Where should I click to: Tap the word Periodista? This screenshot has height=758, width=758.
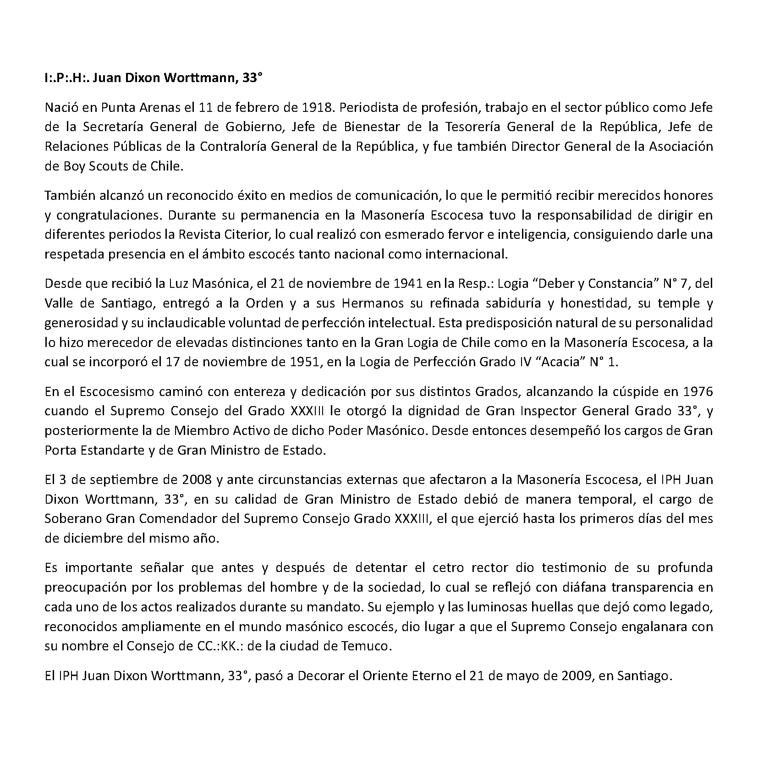(x=373, y=108)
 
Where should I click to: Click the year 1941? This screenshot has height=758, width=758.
(x=408, y=283)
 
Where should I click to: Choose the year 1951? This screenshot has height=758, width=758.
(x=305, y=362)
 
